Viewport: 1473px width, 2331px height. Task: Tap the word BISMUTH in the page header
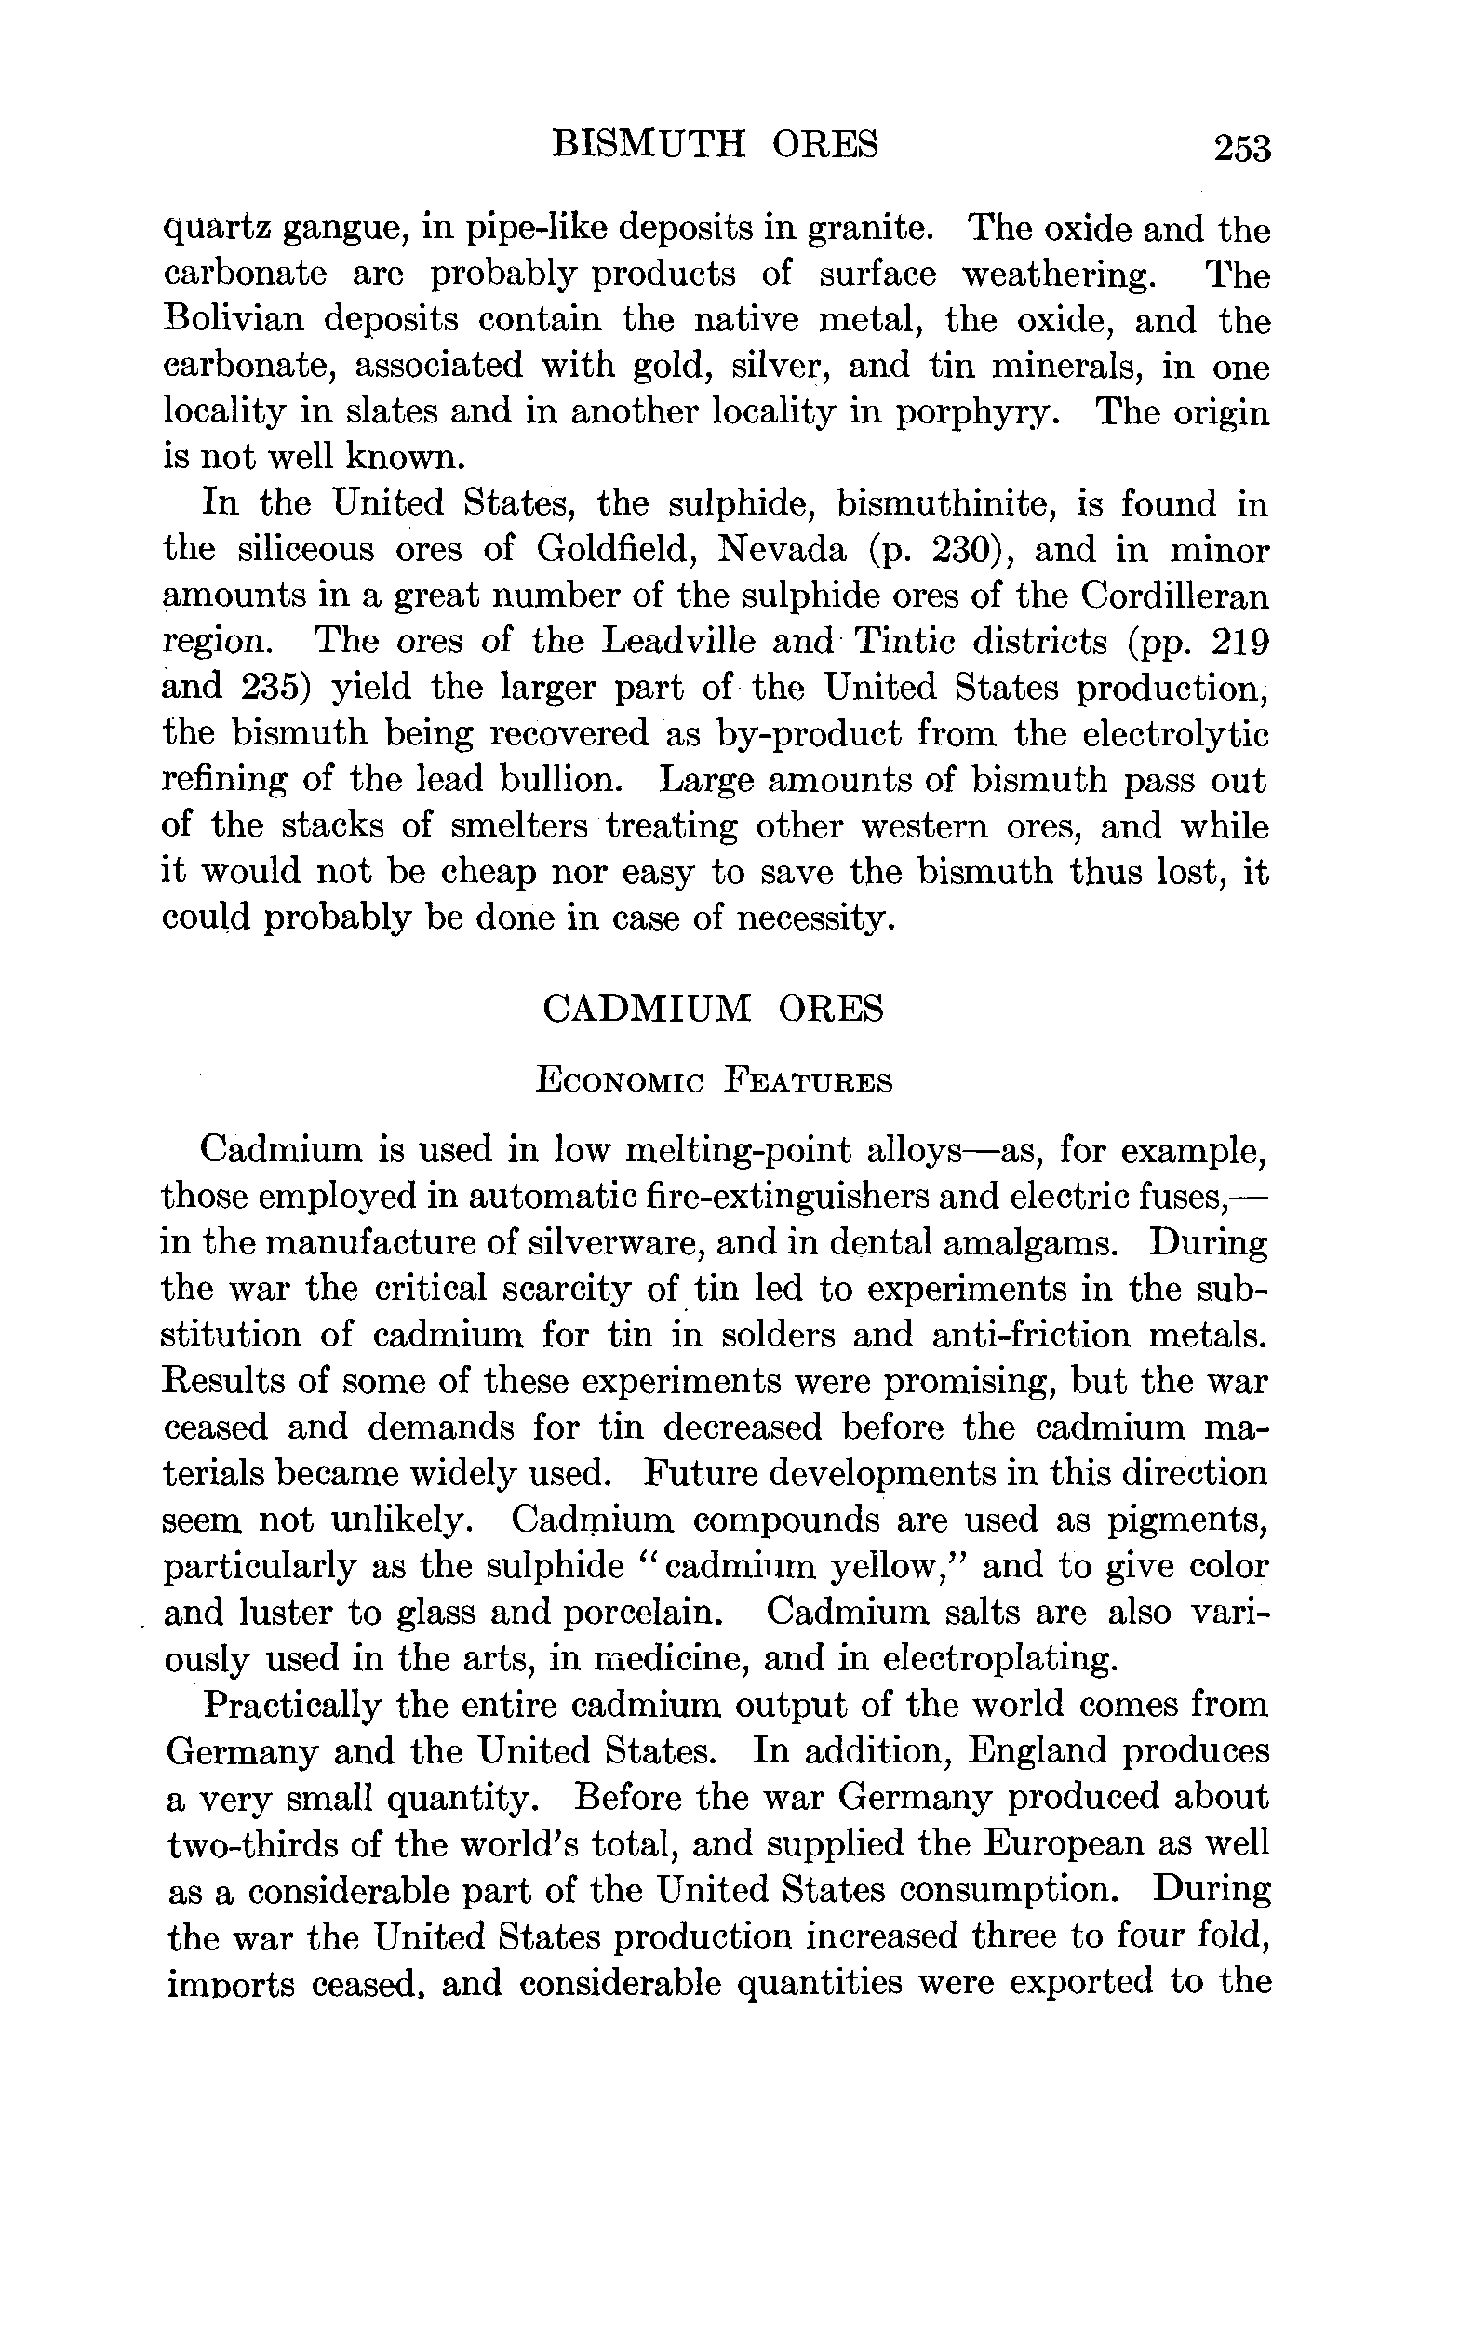[648, 145]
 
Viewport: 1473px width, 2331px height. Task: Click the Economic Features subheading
[714, 1080]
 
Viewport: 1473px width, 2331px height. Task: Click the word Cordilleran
[1174, 596]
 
